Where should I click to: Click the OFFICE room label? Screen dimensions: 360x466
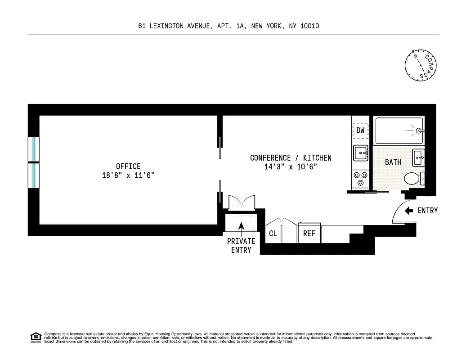(128, 166)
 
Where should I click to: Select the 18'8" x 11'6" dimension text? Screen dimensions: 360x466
(128, 175)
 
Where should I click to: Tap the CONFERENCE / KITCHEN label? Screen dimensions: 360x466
(291, 158)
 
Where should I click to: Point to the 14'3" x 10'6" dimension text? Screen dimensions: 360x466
(291, 167)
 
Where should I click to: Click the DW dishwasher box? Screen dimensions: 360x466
(360, 130)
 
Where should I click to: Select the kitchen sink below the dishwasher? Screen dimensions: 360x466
(361, 153)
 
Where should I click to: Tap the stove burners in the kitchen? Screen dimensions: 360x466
(361, 178)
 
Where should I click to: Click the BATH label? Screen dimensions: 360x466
(393, 162)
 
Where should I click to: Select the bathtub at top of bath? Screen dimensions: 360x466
(399, 130)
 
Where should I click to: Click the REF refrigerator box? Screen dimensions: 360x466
(309, 234)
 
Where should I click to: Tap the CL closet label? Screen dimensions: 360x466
(273, 234)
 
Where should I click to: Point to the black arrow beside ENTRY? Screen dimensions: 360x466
(409, 211)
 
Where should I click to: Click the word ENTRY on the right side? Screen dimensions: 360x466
(427, 211)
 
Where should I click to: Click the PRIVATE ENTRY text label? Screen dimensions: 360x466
(241, 246)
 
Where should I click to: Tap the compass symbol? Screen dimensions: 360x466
(421, 65)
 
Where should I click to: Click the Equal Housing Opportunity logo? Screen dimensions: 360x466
(35, 337)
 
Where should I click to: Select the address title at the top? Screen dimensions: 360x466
(229, 26)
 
